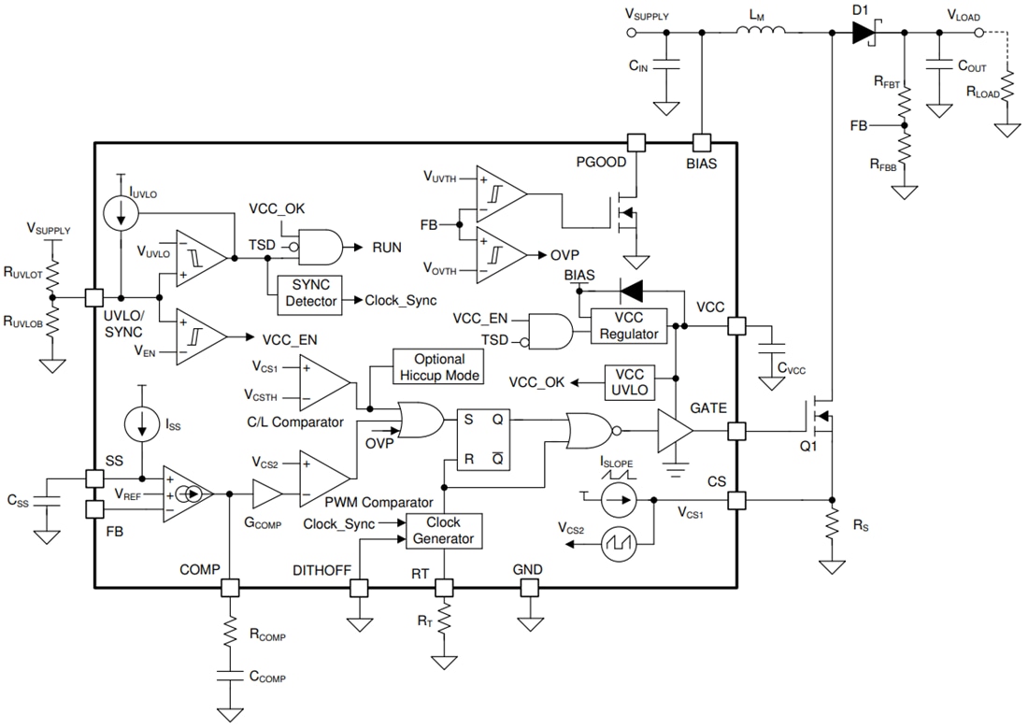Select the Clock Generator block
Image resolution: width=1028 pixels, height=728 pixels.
444,531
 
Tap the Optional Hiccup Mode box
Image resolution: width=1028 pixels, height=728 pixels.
439,367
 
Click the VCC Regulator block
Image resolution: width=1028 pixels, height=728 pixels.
628,326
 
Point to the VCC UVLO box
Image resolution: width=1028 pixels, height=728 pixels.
641,381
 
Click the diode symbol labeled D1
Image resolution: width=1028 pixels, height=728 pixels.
862,34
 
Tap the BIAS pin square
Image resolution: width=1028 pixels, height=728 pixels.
701,142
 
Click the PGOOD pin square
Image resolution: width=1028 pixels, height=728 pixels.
636,142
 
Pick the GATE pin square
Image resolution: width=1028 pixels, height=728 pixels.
737,431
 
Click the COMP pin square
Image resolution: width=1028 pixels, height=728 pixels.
229,588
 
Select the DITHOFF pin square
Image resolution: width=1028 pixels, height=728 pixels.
358,588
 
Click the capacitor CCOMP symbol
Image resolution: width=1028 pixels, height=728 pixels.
229,676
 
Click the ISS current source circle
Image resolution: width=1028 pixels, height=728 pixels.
142,425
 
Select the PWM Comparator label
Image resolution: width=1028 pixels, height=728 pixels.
378,502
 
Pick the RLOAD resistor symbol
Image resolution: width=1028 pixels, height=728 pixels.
1007,93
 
